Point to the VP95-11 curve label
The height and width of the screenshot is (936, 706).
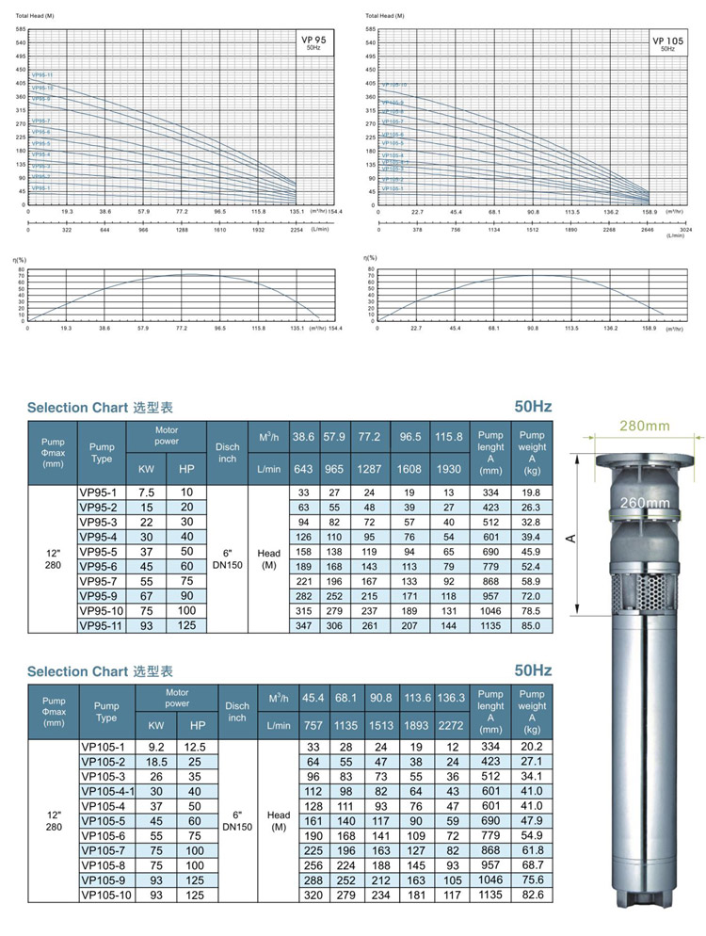[42, 74]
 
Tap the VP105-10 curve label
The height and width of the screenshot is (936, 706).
[394, 85]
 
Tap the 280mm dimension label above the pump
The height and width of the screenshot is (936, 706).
[644, 426]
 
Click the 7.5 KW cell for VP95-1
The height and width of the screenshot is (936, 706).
[146, 492]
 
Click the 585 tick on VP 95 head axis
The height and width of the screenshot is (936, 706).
[21, 30]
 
